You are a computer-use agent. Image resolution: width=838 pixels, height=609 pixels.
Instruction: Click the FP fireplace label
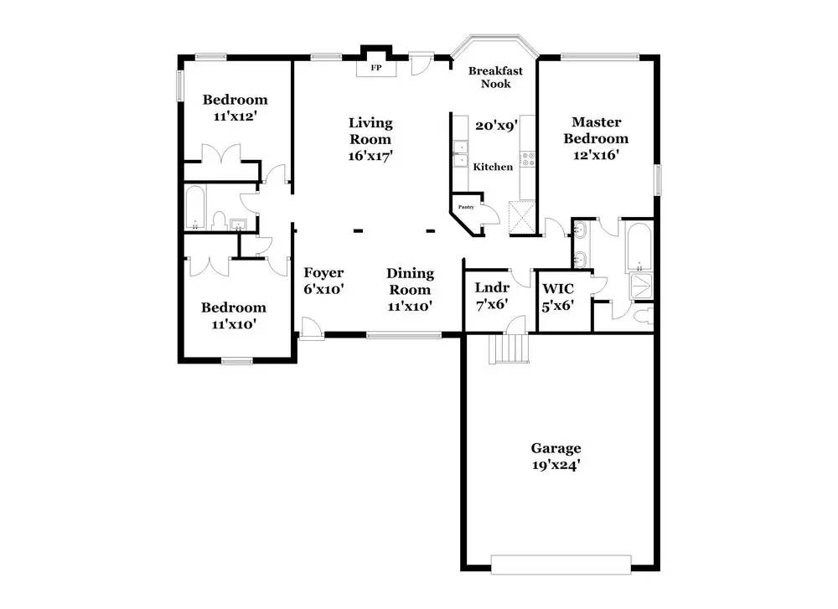[376, 68]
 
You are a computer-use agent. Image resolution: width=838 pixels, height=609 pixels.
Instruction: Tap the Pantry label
[466, 207]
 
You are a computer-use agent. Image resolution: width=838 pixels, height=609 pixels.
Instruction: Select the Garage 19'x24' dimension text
[556, 465]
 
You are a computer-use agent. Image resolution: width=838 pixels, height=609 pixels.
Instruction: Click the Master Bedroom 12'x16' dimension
[596, 155]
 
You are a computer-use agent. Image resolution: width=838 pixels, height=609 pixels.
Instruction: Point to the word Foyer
[323, 272]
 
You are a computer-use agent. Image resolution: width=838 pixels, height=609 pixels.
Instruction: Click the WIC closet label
[558, 289]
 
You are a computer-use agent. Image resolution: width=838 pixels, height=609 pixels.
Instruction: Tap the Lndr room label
[492, 287]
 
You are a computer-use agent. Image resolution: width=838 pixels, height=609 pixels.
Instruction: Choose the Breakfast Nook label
[496, 77]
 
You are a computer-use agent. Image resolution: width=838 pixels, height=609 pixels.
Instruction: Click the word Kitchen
[493, 167]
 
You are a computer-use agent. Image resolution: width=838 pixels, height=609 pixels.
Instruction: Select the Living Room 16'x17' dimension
[370, 156]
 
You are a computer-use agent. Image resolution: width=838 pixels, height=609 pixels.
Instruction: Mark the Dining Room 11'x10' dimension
[410, 306]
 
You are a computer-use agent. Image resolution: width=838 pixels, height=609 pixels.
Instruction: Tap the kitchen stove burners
[528, 158]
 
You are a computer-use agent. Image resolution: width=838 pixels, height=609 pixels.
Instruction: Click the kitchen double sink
[459, 153]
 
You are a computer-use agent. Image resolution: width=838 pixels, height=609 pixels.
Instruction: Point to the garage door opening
[561, 565]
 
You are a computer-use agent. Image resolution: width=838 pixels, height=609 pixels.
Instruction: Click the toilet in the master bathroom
[644, 315]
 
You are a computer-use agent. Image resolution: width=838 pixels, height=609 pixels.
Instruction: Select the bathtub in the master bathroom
[639, 246]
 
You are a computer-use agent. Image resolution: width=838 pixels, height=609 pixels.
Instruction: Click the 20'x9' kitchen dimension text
[497, 126]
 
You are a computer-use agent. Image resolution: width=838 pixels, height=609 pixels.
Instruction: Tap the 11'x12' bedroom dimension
[235, 116]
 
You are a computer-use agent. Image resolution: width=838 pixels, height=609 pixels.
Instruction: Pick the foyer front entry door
[312, 328]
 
